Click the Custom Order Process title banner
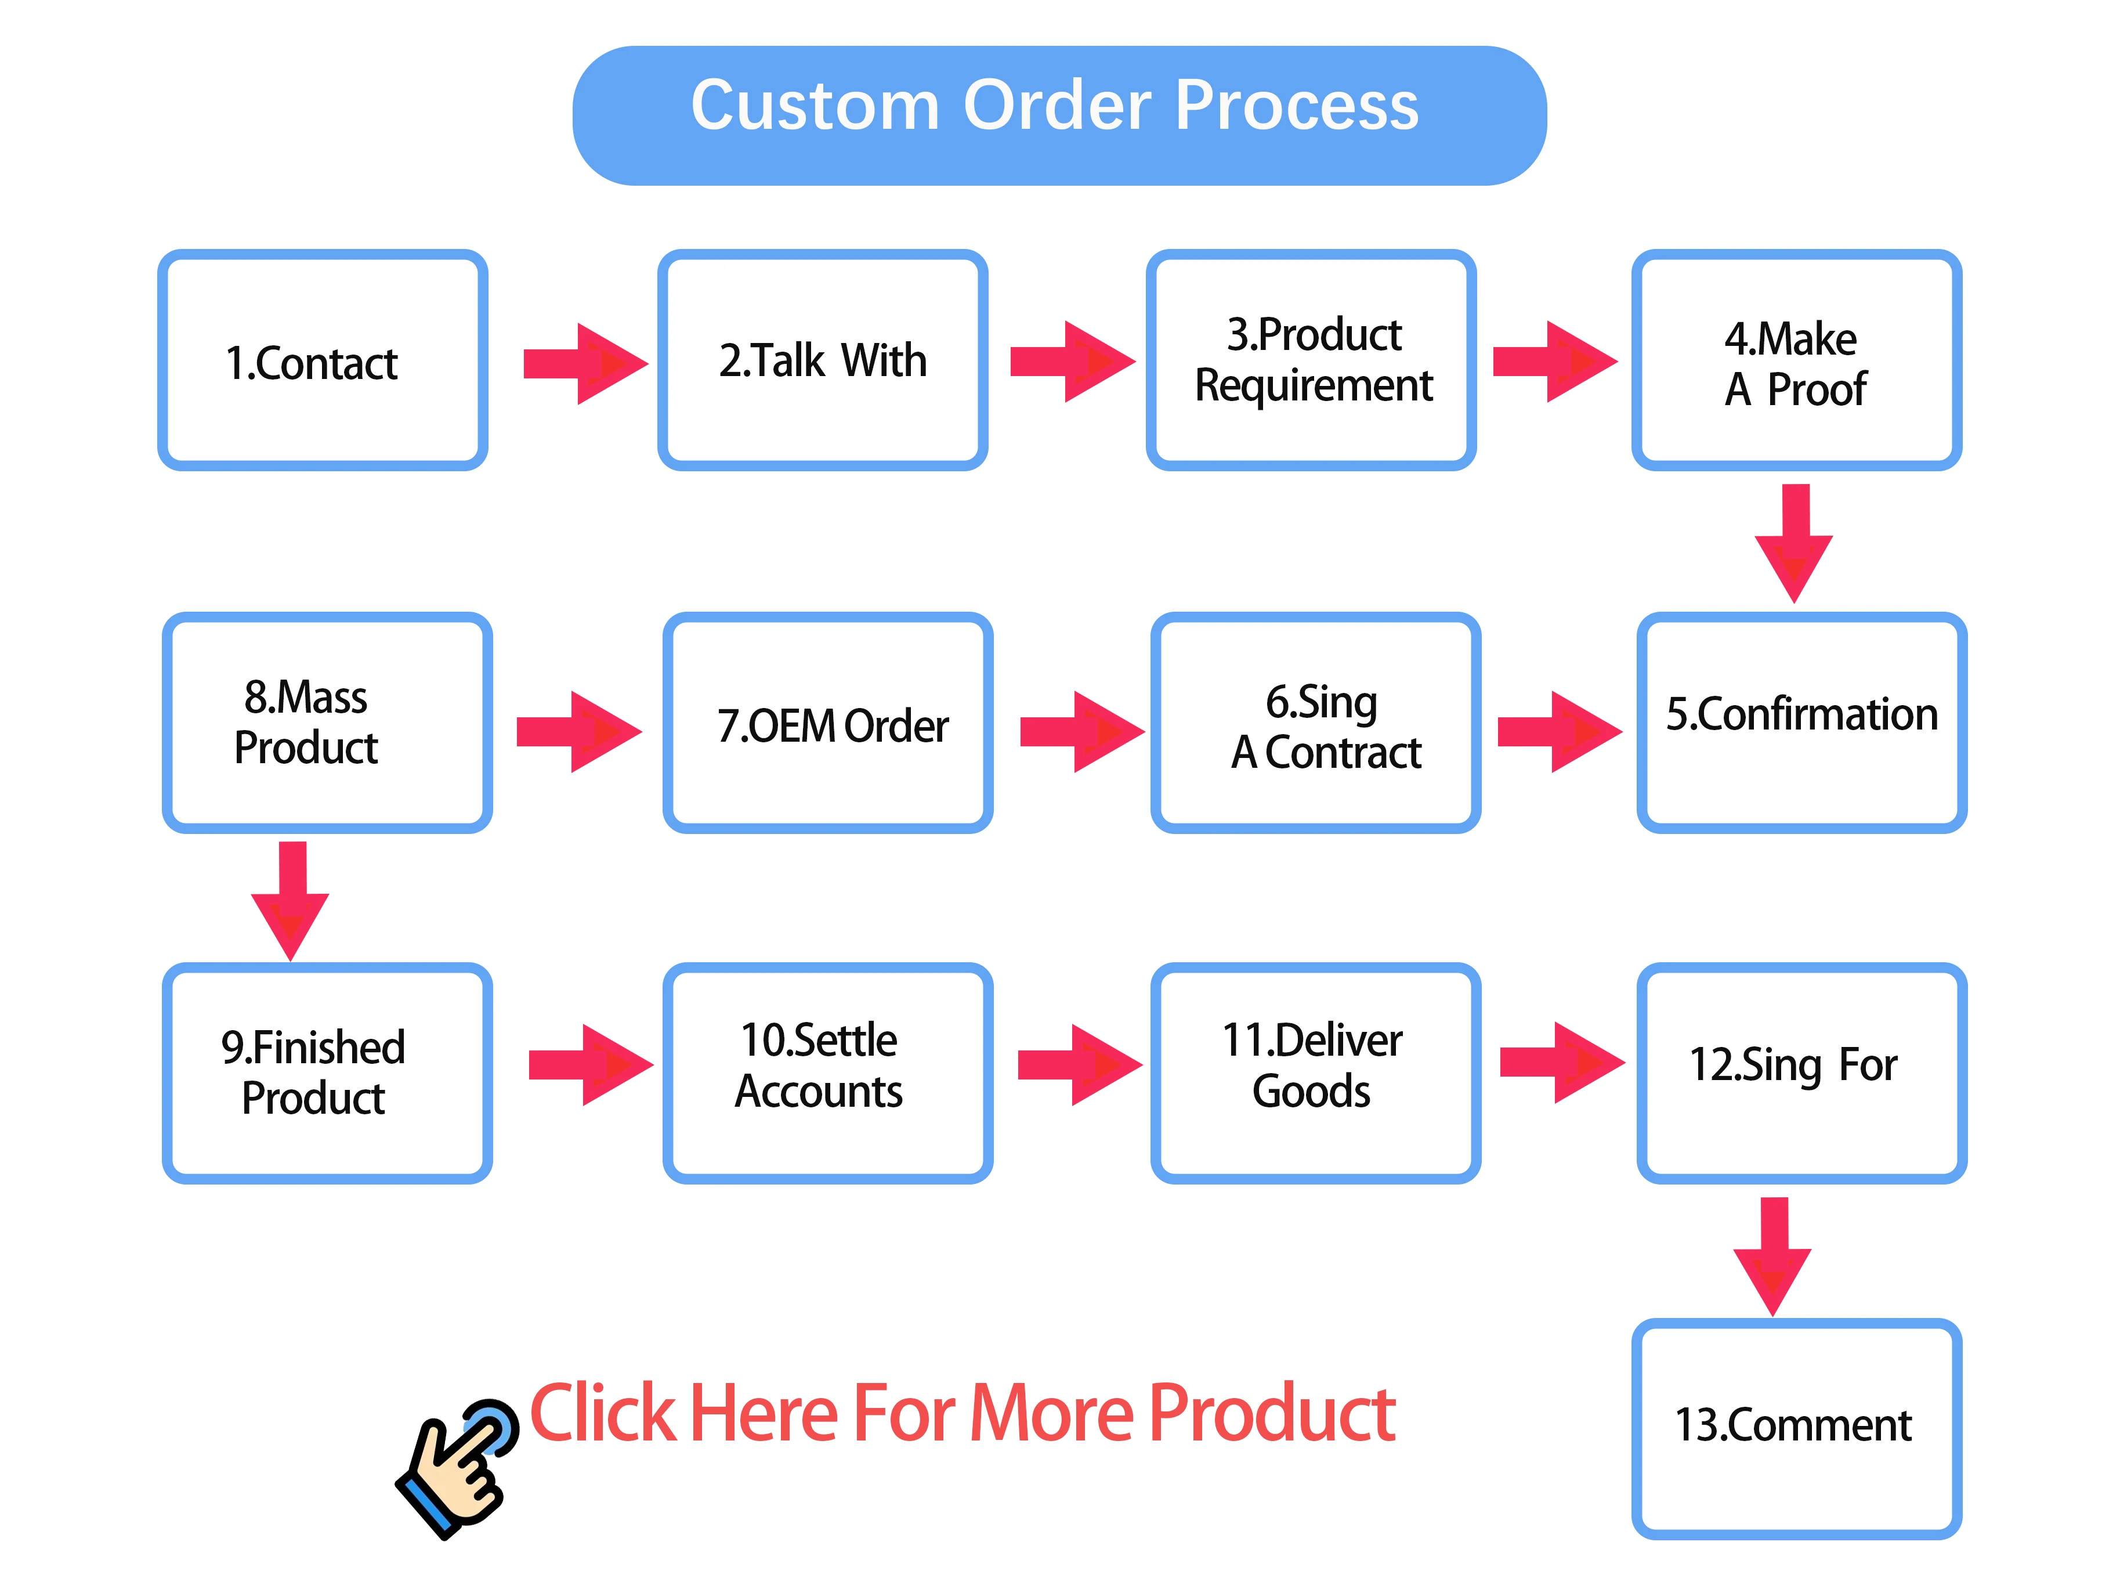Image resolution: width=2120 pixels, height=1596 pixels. [x=1058, y=115]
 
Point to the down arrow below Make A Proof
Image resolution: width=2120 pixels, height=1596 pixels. [x=1794, y=543]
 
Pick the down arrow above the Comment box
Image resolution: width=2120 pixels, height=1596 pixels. [x=1773, y=1256]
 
